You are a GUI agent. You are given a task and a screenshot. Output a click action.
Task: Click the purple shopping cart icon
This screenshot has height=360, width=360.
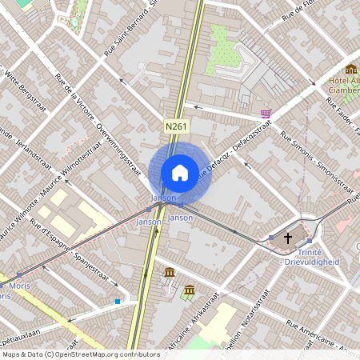click(x=266, y=114)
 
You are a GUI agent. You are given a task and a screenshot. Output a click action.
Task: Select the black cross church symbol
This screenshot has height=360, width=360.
click(x=288, y=238)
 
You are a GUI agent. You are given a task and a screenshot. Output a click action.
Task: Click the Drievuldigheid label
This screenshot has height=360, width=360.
click(x=314, y=262)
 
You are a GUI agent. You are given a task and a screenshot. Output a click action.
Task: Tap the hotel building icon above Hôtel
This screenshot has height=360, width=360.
click(x=350, y=69)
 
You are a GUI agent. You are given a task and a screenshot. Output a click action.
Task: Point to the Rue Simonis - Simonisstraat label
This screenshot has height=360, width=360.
click(x=318, y=159)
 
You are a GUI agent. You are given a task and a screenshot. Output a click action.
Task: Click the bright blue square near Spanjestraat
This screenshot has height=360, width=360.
click(x=118, y=302)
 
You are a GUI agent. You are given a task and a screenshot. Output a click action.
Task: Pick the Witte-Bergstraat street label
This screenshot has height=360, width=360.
click(x=22, y=87)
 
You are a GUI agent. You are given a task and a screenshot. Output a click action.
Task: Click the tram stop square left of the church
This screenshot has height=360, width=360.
click(x=271, y=238)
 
